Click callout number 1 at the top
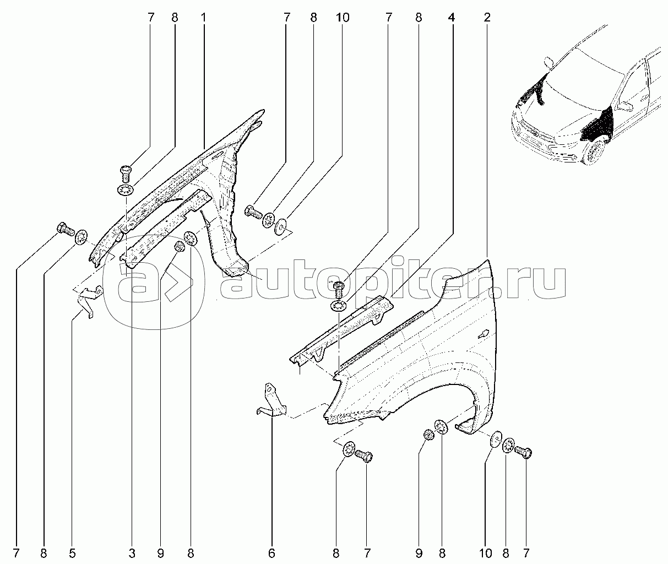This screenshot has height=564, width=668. [x=203, y=18]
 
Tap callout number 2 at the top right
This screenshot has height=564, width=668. [x=487, y=18]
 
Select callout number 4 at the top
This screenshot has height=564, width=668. [x=451, y=18]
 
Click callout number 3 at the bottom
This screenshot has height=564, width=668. [x=132, y=553]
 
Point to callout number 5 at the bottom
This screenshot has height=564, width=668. [x=72, y=553]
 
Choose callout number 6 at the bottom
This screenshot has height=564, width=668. [x=271, y=553]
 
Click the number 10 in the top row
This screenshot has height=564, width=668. [x=343, y=18]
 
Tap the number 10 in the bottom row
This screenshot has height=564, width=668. [x=485, y=553]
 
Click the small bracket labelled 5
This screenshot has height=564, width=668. [x=90, y=301]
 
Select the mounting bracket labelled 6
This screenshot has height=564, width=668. [x=273, y=402]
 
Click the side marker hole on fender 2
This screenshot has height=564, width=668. [x=483, y=334]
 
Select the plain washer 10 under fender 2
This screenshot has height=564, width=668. [x=496, y=439]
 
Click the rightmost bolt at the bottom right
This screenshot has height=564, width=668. [x=523, y=452]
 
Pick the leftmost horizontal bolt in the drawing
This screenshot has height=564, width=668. [x=66, y=229]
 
